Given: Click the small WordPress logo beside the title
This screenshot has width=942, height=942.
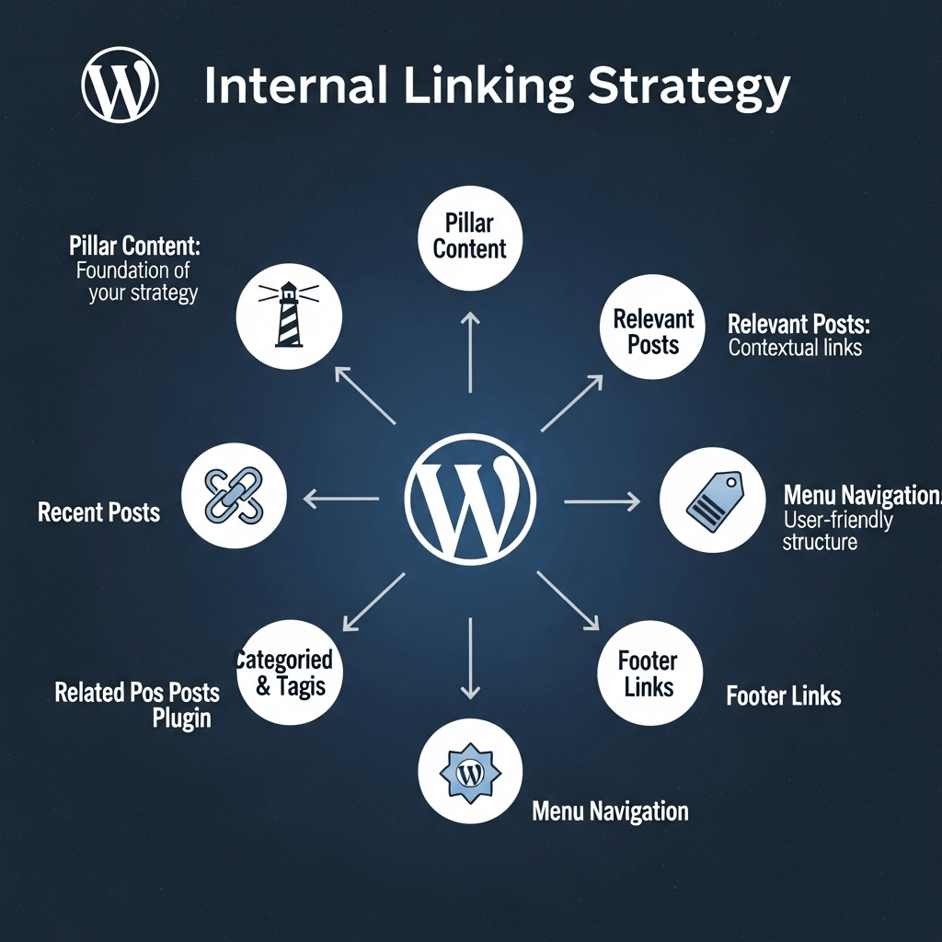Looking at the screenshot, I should click(120, 86).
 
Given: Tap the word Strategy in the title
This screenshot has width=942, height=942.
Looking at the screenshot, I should click(688, 86).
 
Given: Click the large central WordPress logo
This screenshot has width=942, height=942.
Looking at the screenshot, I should click(470, 499).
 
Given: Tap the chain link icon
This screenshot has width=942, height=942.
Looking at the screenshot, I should click(234, 497).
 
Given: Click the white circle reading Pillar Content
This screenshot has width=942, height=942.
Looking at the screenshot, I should click(470, 235).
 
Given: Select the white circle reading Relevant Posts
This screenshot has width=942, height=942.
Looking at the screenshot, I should click(652, 331).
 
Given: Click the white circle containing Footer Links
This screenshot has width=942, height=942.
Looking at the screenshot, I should click(649, 673).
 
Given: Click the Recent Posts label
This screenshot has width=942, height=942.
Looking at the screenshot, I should click(98, 512).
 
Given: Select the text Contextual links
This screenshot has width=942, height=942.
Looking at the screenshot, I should click(795, 349).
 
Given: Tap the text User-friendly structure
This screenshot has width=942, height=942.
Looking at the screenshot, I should click(837, 531).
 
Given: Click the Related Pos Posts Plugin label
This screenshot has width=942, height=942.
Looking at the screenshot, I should click(137, 704).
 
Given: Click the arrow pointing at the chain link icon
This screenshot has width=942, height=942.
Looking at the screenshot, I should click(340, 500).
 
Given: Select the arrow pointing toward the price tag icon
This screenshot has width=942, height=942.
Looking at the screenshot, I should click(602, 501).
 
